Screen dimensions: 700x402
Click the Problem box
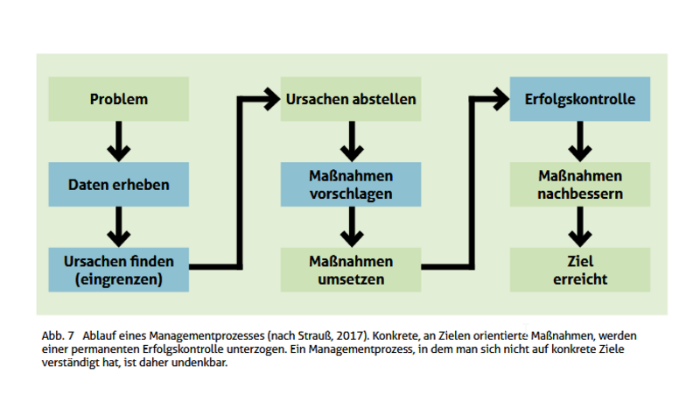(x=119, y=99)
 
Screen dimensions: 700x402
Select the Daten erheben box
(x=119, y=184)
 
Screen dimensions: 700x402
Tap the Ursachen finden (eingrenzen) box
(x=119, y=270)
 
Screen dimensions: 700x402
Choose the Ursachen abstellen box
(x=351, y=99)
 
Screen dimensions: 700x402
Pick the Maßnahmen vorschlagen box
(x=351, y=184)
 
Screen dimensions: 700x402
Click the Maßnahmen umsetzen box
(x=351, y=270)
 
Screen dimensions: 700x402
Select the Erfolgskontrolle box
(x=580, y=99)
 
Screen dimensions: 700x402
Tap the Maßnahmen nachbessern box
(x=580, y=184)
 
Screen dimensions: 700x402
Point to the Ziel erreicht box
(x=580, y=270)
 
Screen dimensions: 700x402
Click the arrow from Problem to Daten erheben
(x=119, y=141)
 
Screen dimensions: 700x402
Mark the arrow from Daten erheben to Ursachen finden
(x=119, y=227)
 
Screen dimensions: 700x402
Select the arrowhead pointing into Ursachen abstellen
(x=271, y=99)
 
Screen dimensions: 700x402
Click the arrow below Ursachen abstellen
(x=352, y=141)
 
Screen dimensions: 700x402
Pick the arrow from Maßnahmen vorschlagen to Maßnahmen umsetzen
(x=352, y=227)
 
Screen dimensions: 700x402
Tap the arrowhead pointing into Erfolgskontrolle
(x=500, y=99)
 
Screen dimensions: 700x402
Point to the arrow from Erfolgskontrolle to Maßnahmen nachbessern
(x=580, y=141)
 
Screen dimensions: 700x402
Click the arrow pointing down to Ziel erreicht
(x=580, y=227)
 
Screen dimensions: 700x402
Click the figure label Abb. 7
(x=58, y=336)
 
